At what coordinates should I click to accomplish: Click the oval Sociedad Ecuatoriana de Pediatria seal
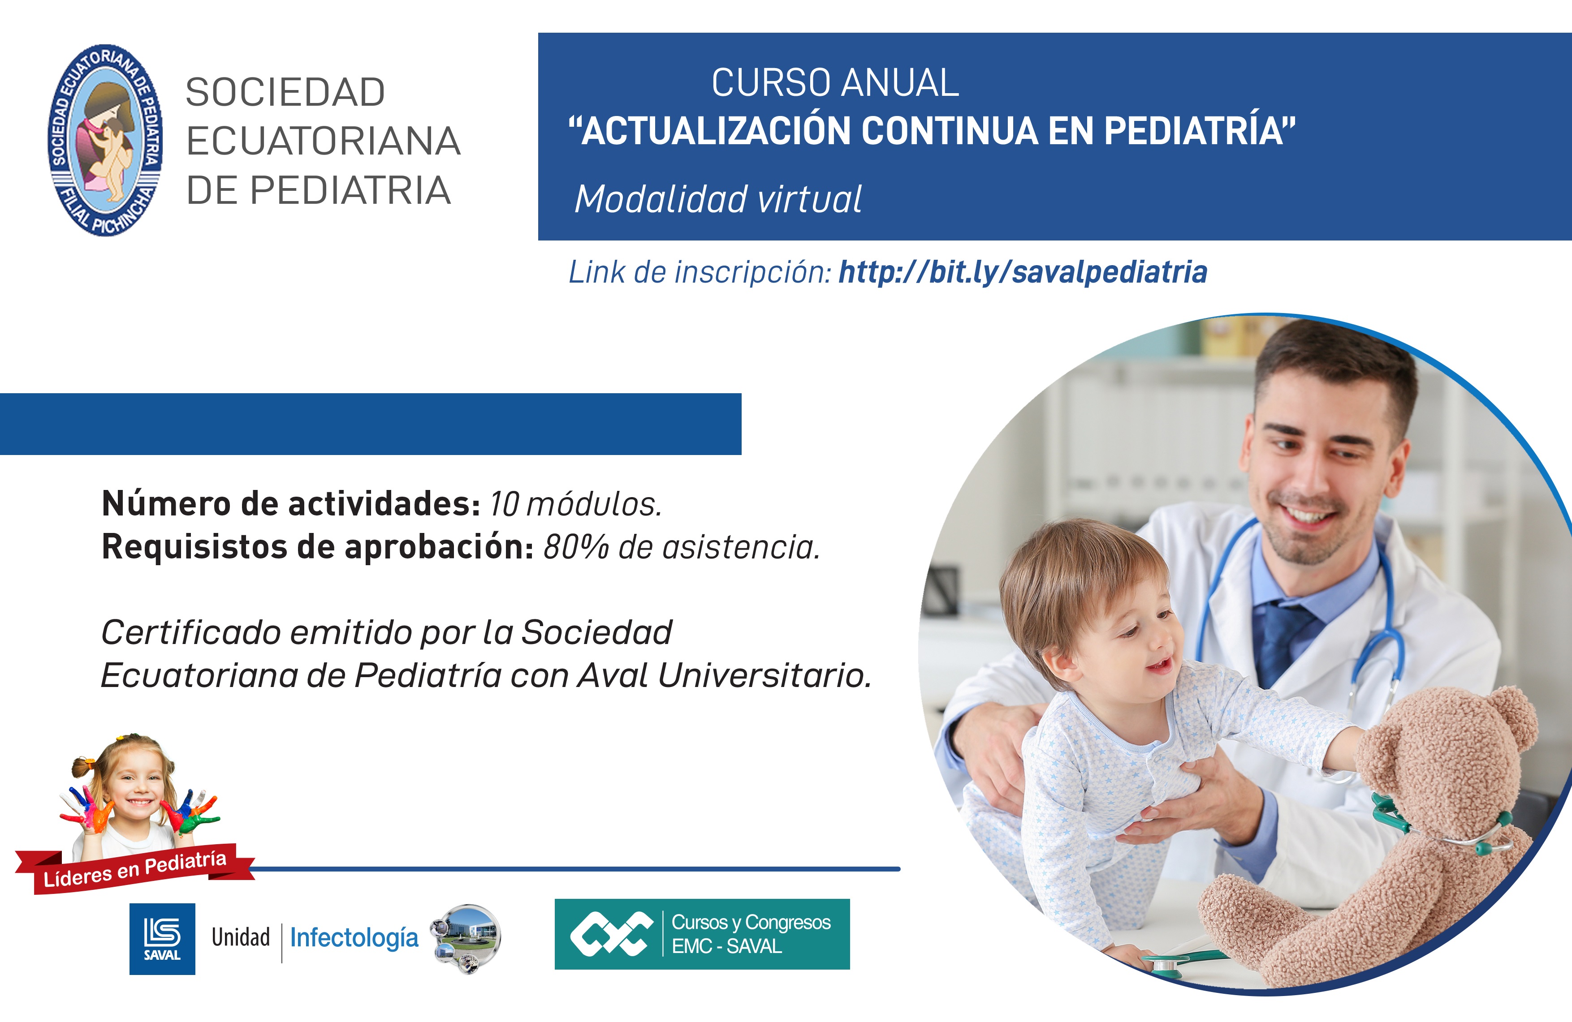(x=106, y=140)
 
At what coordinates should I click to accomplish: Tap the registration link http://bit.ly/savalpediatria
(x=1023, y=272)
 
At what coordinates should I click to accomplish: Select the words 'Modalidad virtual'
(x=718, y=199)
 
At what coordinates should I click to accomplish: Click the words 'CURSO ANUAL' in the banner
(x=835, y=83)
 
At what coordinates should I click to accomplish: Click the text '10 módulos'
(x=574, y=504)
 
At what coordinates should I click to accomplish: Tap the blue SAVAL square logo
(x=162, y=938)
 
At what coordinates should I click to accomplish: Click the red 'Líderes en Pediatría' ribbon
(x=135, y=869)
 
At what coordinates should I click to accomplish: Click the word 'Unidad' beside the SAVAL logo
(x=241, y=937)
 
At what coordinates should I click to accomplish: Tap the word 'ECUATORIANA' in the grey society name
(x=323, y=141)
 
